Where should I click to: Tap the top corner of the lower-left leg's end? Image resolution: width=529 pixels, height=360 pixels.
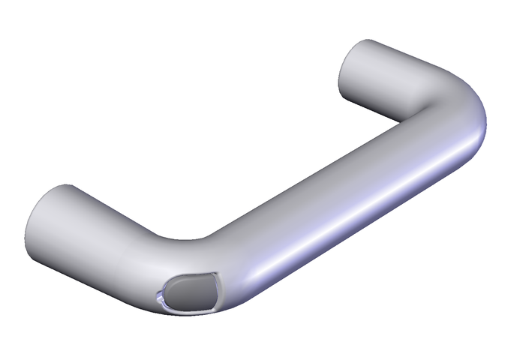click(66, 186)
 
